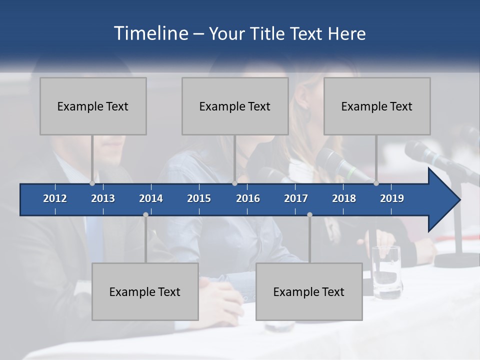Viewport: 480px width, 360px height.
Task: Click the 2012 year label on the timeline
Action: pos(55,198)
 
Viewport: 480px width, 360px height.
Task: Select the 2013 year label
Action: pos(103,198)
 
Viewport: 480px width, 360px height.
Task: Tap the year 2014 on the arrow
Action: pos(151,198)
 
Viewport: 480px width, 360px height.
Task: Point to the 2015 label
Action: pos(199,198)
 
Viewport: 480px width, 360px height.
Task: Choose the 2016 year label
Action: pos(248,198)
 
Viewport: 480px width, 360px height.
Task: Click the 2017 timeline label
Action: pos(296,198)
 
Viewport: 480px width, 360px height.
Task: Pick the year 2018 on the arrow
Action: pos(344,198)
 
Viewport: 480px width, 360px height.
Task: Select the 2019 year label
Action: pos(392,198)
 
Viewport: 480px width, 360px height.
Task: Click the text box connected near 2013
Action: pos(93,106)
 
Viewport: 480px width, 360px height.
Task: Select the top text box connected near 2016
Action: pos(235,106)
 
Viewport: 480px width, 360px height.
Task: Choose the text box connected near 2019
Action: pos(377,106)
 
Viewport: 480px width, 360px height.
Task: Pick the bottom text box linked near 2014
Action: pos(145,292)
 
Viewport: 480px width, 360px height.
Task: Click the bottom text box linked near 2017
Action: pos(309,292)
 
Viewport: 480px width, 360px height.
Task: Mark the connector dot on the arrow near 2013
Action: pos(92,183)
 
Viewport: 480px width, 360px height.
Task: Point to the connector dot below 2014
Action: pos(145,214)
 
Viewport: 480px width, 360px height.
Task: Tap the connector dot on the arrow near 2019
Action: pos(376,183)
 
